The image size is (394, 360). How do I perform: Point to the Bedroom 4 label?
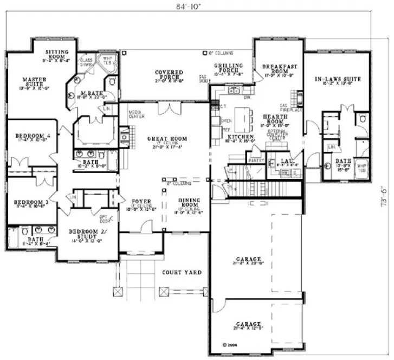coord(25,137)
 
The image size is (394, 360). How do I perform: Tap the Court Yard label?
coord(182,272)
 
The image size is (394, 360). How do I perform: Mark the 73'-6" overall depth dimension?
coord(384,195)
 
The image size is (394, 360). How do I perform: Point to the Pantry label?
coord(255,161)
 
